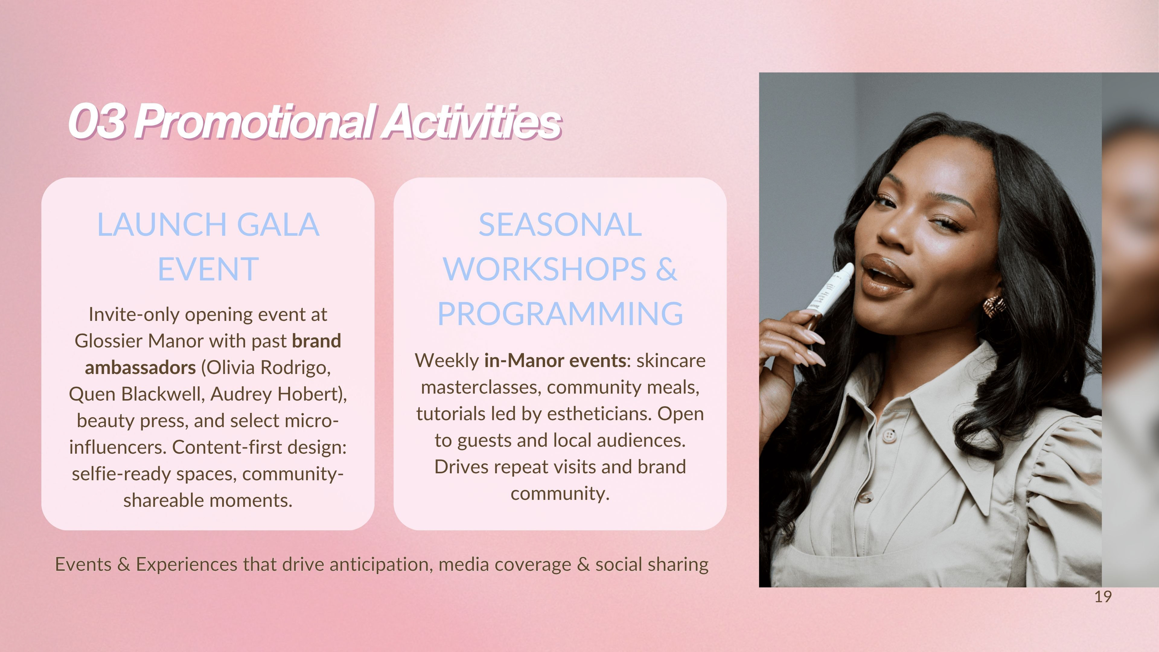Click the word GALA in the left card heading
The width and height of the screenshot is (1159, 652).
tap(278, 225)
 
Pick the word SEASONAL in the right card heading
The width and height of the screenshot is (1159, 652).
tap(560, 225)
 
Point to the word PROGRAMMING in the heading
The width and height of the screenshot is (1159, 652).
tap(560, 313)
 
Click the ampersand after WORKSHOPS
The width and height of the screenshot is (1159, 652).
tap(666, 269)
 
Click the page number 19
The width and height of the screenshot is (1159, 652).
tap(1103, 597)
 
